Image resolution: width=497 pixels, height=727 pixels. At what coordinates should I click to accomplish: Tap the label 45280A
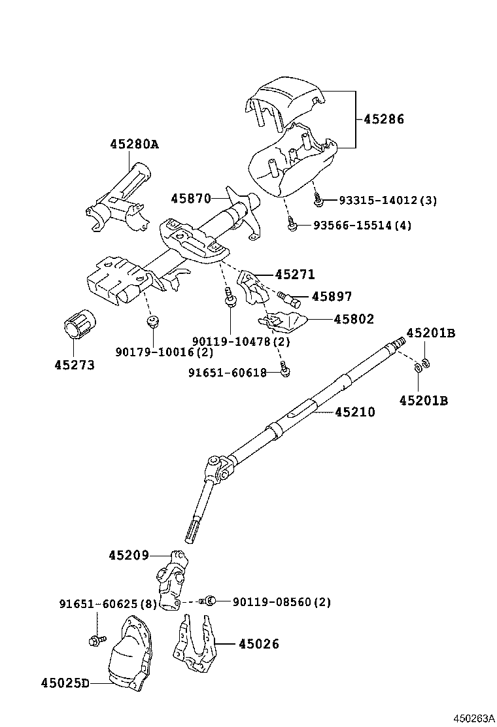coord(134,144)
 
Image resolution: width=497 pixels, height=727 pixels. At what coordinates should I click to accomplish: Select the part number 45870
coord(191,198)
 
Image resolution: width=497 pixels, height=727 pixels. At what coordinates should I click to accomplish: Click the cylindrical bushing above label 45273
coord(80,322)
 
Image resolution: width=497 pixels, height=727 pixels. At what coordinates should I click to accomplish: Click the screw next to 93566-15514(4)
coord(294,226)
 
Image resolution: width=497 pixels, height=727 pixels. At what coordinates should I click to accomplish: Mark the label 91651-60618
coord(227,373)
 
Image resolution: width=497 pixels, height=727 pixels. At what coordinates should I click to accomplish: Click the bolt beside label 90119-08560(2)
coord(208,600)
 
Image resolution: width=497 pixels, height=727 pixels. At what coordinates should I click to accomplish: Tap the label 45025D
coord(65,683)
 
